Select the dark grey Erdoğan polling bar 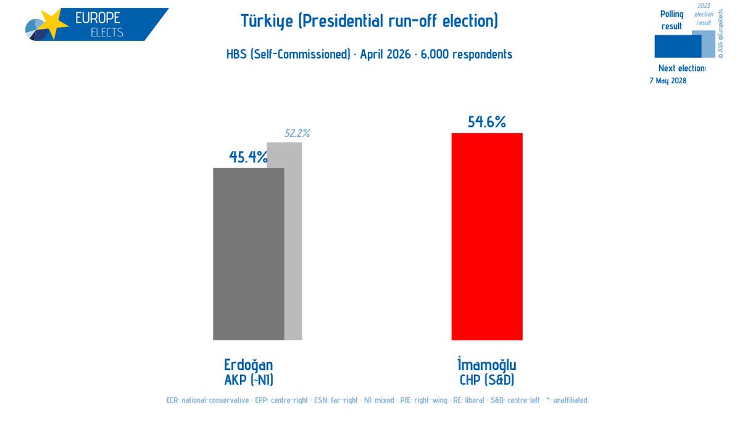pyautogui.click(x=248, y=253)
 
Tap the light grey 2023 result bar pyautogui.click(x=293, y=240)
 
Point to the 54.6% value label pyautogui.click(x=486, y=122)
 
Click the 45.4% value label pyautogui.click(x=248, y=157)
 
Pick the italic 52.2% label pyautogui.click(x=297, y=133)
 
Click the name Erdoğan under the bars pyautogui.click(x=248, y=364)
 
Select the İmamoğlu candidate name pyautogui.click(x=487, y=364)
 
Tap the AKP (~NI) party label pyautogui.click(x=248, y=378)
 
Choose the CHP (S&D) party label pyautogui.click(x=487, y=378)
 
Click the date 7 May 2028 pyautogui.click(x=668, y=81)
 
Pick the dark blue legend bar pyautogui.click(x=677, y=46)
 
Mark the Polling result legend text pyautogui.click(x=671, y=20)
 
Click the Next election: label pyautogui.click(x=681, y=68)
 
